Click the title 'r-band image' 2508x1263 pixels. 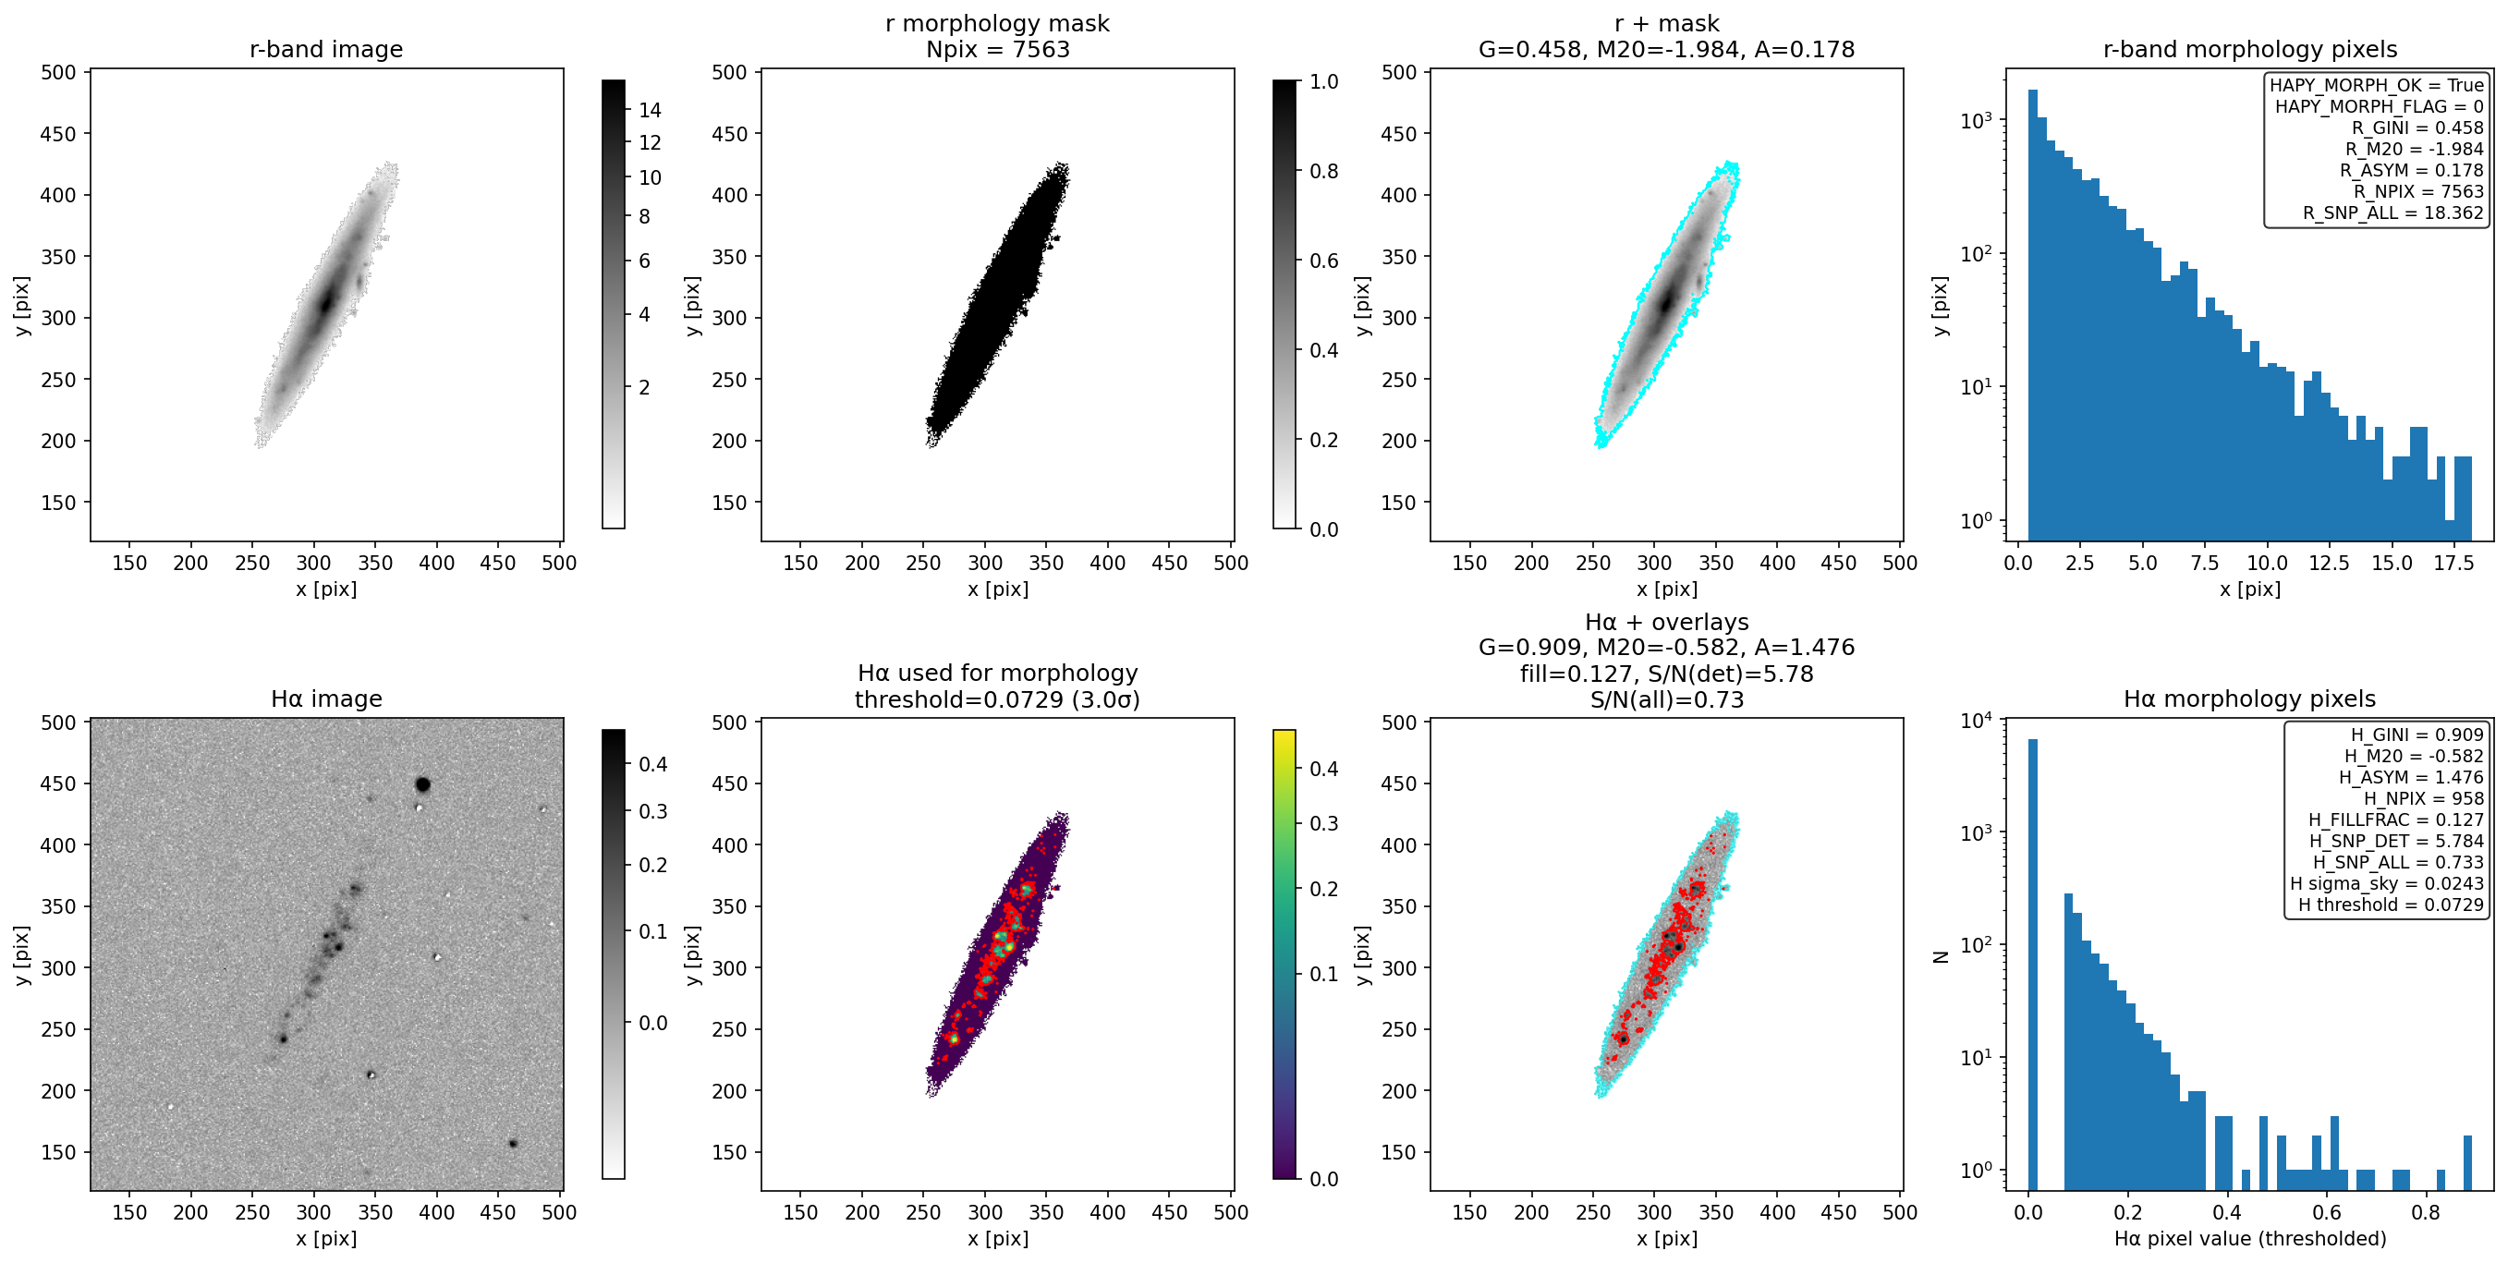[326, 49]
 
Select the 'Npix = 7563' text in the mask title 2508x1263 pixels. [997, 49]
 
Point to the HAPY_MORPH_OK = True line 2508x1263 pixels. [2377, 85]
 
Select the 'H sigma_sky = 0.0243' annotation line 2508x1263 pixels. [2386, 883]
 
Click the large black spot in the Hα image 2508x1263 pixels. [422, 783]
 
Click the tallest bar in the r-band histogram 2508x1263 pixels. [2033, 314]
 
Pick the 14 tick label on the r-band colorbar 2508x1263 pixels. [650, 110]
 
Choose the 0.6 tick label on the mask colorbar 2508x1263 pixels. [1324, 261]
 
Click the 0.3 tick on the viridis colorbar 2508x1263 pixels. [1324, 824]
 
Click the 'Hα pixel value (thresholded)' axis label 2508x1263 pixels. [2250, 1239]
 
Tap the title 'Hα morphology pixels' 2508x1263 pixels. [2249, 698]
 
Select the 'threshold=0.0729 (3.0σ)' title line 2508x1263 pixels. [997, 699]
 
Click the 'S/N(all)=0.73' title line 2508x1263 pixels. [1666, 699]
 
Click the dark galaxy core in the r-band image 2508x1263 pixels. [326, 301]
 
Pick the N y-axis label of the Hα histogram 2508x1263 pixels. [1941, 956]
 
